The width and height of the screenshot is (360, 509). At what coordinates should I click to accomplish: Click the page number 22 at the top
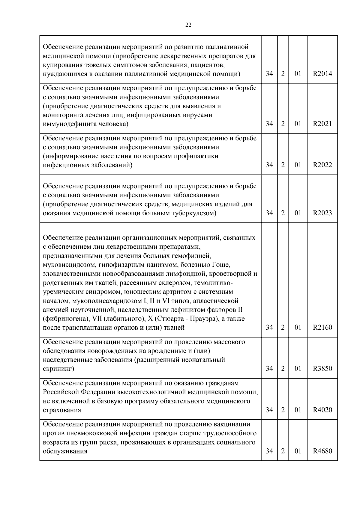pos(188,25)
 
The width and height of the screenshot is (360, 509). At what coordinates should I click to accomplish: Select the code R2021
pos(322,124)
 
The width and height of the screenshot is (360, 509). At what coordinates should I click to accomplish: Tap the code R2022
pos(322,165)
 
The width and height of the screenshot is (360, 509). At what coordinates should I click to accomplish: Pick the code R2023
pos(322,213)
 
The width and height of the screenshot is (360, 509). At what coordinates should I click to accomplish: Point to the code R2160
pos(322,328)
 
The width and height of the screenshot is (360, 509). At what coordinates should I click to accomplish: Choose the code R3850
pos(322,369)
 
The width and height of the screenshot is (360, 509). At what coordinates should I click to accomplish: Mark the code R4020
pos(322,410)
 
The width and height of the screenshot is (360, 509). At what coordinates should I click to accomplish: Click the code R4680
pos(322,451)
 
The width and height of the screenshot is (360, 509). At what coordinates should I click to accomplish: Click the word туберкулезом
pos(193,213)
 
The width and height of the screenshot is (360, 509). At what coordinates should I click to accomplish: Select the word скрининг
pos(58,369)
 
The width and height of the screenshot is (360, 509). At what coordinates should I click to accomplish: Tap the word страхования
pos(62,410)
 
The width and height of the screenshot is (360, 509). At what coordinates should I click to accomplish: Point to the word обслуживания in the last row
pos(65,451)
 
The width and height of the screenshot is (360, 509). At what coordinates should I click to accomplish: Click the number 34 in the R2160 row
pos(269,328)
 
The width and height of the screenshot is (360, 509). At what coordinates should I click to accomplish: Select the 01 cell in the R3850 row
pos(298,369)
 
